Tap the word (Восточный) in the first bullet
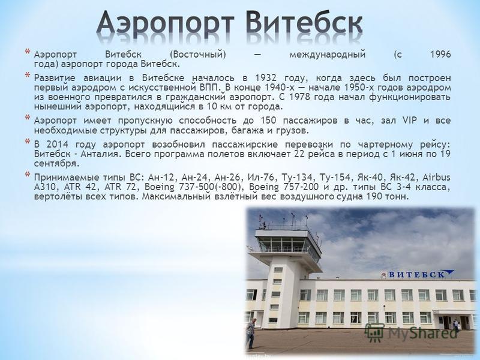coord(198,55)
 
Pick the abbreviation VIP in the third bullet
coord(410,121)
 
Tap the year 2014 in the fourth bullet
coord(56,144)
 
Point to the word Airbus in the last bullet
coord(436,177)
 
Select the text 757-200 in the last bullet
coord(301,187)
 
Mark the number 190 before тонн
coord(374,196)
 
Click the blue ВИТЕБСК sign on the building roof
coord(417,274)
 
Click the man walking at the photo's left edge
coord(250,333)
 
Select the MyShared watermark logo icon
coord(375,332)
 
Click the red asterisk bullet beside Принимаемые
coord(28,175)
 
